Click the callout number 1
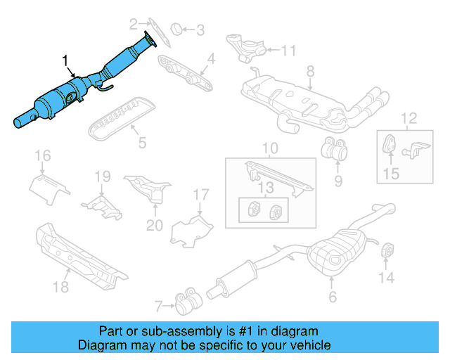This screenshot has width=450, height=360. tap(66, 63)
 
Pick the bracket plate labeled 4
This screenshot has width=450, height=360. tap(186, 73)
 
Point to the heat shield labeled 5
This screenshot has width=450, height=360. tap(120, 117)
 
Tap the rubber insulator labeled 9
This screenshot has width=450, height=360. tap(334, 150)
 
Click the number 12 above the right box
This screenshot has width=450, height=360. tap(409, 117)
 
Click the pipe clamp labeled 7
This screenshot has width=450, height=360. tap(186, 304)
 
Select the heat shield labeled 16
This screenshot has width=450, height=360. tap(49, 186)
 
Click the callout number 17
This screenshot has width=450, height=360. tap(201, 194)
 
